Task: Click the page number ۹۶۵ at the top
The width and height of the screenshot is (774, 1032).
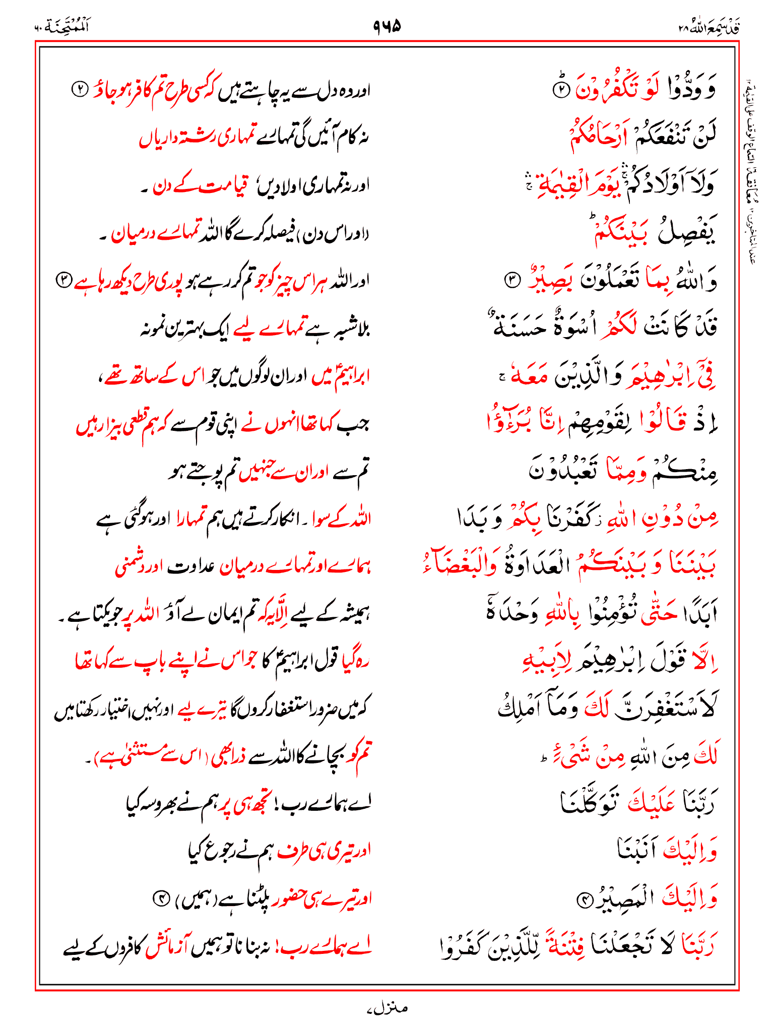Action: coord(387,25)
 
